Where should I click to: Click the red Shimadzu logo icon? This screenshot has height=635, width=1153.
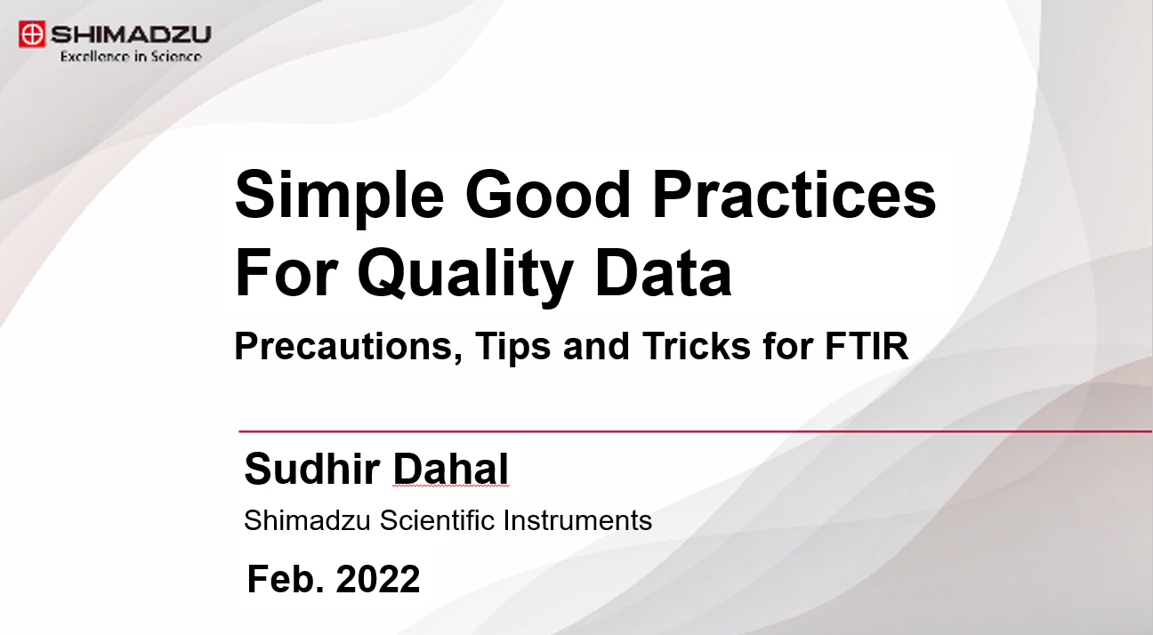(32, 34)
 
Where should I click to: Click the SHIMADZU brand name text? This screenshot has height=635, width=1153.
(131, 35)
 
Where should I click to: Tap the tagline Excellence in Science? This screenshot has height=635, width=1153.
(131, 56)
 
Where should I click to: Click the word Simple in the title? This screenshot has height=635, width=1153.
(339, 196)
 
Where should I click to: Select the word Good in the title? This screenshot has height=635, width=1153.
(548, 194)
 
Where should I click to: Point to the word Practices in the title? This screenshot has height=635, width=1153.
(794, 194)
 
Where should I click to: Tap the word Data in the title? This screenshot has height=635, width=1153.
(664, 272)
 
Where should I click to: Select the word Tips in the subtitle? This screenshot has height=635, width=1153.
(512, 346)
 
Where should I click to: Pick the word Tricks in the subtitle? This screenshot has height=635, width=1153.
(697, 345)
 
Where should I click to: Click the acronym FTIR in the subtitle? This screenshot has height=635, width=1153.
(867, 345)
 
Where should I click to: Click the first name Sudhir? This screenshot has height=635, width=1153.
(312, 469)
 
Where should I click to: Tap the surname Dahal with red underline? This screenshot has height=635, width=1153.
(451, 469)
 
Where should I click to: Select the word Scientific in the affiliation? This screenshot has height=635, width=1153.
(437, 519)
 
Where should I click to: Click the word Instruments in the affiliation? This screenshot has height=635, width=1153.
(577, 519)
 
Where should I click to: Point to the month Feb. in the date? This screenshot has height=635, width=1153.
(286, 579)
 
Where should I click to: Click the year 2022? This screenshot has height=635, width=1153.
(378, 579)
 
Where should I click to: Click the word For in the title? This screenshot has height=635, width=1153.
(286, 272)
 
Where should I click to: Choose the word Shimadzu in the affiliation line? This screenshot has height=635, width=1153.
(307, 519)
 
